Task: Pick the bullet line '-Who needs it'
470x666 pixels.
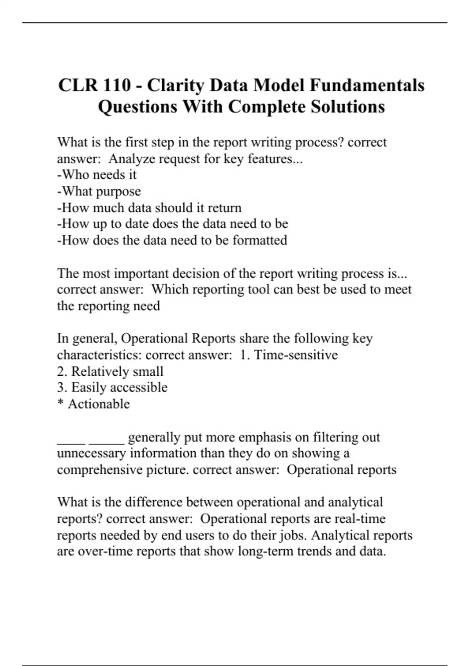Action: pos(97,175)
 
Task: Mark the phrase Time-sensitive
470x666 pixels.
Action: pos(296,355)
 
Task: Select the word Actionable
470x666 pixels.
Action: pos(99,404)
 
